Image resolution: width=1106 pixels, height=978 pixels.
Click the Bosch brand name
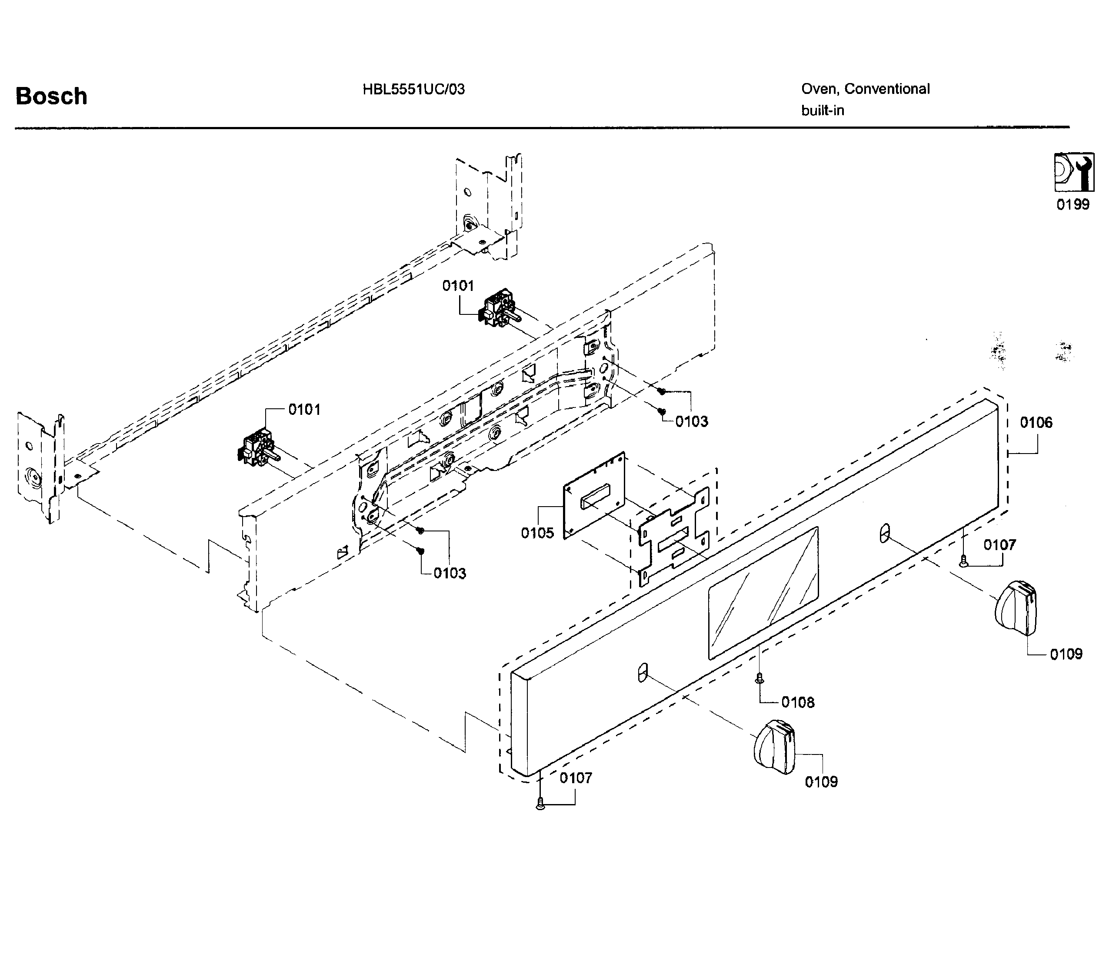coord(51,97)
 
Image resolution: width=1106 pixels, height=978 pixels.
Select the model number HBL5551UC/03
coord(413,89)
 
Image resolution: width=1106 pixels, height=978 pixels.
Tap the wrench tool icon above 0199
coord(1074,172)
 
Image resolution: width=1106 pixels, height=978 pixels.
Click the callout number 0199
coord(1073,204)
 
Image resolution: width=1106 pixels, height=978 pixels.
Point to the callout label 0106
coord(1036,423)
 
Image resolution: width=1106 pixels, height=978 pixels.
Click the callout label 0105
coord(537,533)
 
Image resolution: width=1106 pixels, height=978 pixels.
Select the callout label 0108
coord(798,702)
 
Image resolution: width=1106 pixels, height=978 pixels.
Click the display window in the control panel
coord(763,593)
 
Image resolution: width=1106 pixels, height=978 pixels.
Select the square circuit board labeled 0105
coord(595,495)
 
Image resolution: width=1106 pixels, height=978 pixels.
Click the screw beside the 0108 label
coord(759,678)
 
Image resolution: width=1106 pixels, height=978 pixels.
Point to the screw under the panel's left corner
coord(540,805)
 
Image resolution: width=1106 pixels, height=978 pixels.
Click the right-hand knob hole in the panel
coord(884,533)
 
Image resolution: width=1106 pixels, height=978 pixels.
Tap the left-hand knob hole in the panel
coord(642,672)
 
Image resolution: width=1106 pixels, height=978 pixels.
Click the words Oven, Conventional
coord(865,89)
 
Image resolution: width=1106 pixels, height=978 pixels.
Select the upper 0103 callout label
coord(692,421)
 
